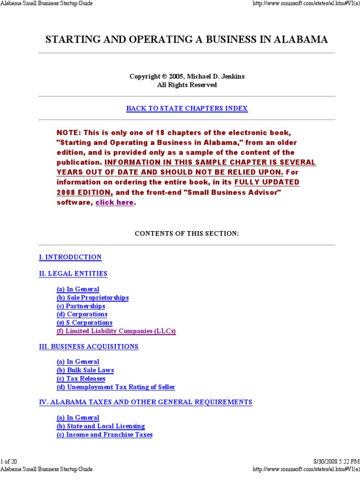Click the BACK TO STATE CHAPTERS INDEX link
187,108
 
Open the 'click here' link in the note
114,202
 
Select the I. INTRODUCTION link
70,257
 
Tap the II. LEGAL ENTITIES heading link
73,273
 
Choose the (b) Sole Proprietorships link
92,298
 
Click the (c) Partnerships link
81,306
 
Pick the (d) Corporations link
82,314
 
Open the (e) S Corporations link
84,322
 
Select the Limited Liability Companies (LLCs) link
116,331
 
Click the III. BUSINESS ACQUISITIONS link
89,346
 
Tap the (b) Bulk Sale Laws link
85,370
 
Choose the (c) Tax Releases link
81,378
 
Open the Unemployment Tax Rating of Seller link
116,387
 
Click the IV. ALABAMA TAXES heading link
146,402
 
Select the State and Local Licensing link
101,426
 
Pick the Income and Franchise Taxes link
105,435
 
